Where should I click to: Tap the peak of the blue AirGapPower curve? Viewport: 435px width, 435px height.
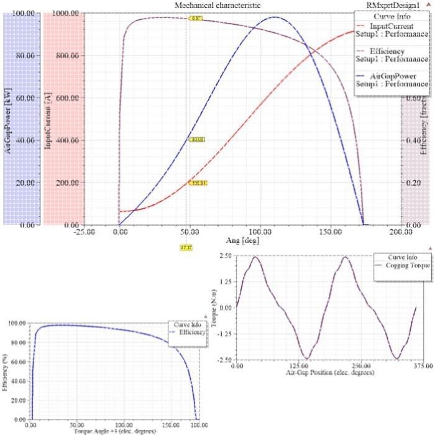pos(274,17)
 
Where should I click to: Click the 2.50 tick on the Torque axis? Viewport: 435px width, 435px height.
pos(225,255)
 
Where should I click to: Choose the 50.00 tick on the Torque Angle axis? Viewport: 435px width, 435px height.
pos(77,428)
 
